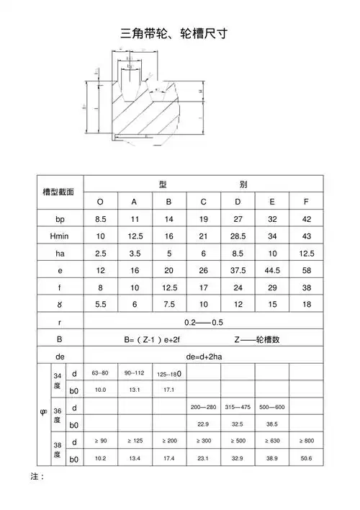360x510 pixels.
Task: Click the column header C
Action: [204, 201]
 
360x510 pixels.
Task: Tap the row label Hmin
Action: [60, 236]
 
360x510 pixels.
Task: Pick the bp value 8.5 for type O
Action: [101, 218]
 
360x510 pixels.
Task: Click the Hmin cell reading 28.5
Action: [238, 236]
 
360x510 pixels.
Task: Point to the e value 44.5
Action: [271, 271]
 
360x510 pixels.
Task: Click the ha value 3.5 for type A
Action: [135, 254]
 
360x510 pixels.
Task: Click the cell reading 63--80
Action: [101, 373]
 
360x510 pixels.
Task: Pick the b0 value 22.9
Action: [204, 424]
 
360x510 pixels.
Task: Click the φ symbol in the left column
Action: [42, 414]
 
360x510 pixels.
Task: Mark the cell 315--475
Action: [238, 408]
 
